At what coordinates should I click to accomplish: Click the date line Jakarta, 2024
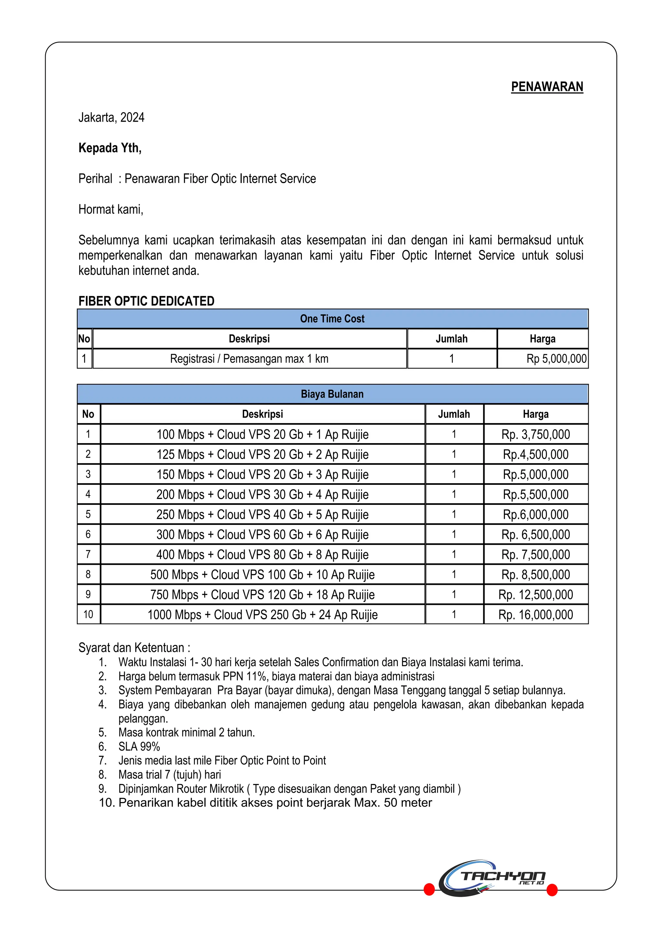pos(111,117)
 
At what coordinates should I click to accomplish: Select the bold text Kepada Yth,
pos(110,148)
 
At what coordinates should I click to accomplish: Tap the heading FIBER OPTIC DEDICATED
pos(146,301)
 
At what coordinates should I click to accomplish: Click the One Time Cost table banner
pos(332,319)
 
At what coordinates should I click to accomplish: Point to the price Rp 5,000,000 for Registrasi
pos(556,359)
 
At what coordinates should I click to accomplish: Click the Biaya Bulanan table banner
pos(332,394)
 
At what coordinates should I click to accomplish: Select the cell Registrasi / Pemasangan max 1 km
pos(249,359)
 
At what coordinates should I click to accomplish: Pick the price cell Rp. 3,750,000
pos(535,435)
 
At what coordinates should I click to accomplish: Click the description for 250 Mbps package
pos(262,515)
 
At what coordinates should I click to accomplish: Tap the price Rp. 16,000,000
pos(535,615)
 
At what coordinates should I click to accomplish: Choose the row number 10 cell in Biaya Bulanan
pos(88,615)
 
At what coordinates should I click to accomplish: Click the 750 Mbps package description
pos(262,594)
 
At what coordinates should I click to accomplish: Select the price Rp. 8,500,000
pos(535,575)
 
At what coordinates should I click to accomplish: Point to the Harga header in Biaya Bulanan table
pos(535,414)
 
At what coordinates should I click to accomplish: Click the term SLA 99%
pos(139,746)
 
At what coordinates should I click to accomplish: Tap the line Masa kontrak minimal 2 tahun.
pos(187,733)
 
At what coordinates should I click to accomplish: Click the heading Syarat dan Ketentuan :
pos(134,648)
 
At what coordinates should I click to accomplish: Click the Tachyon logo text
pos(503,876)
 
